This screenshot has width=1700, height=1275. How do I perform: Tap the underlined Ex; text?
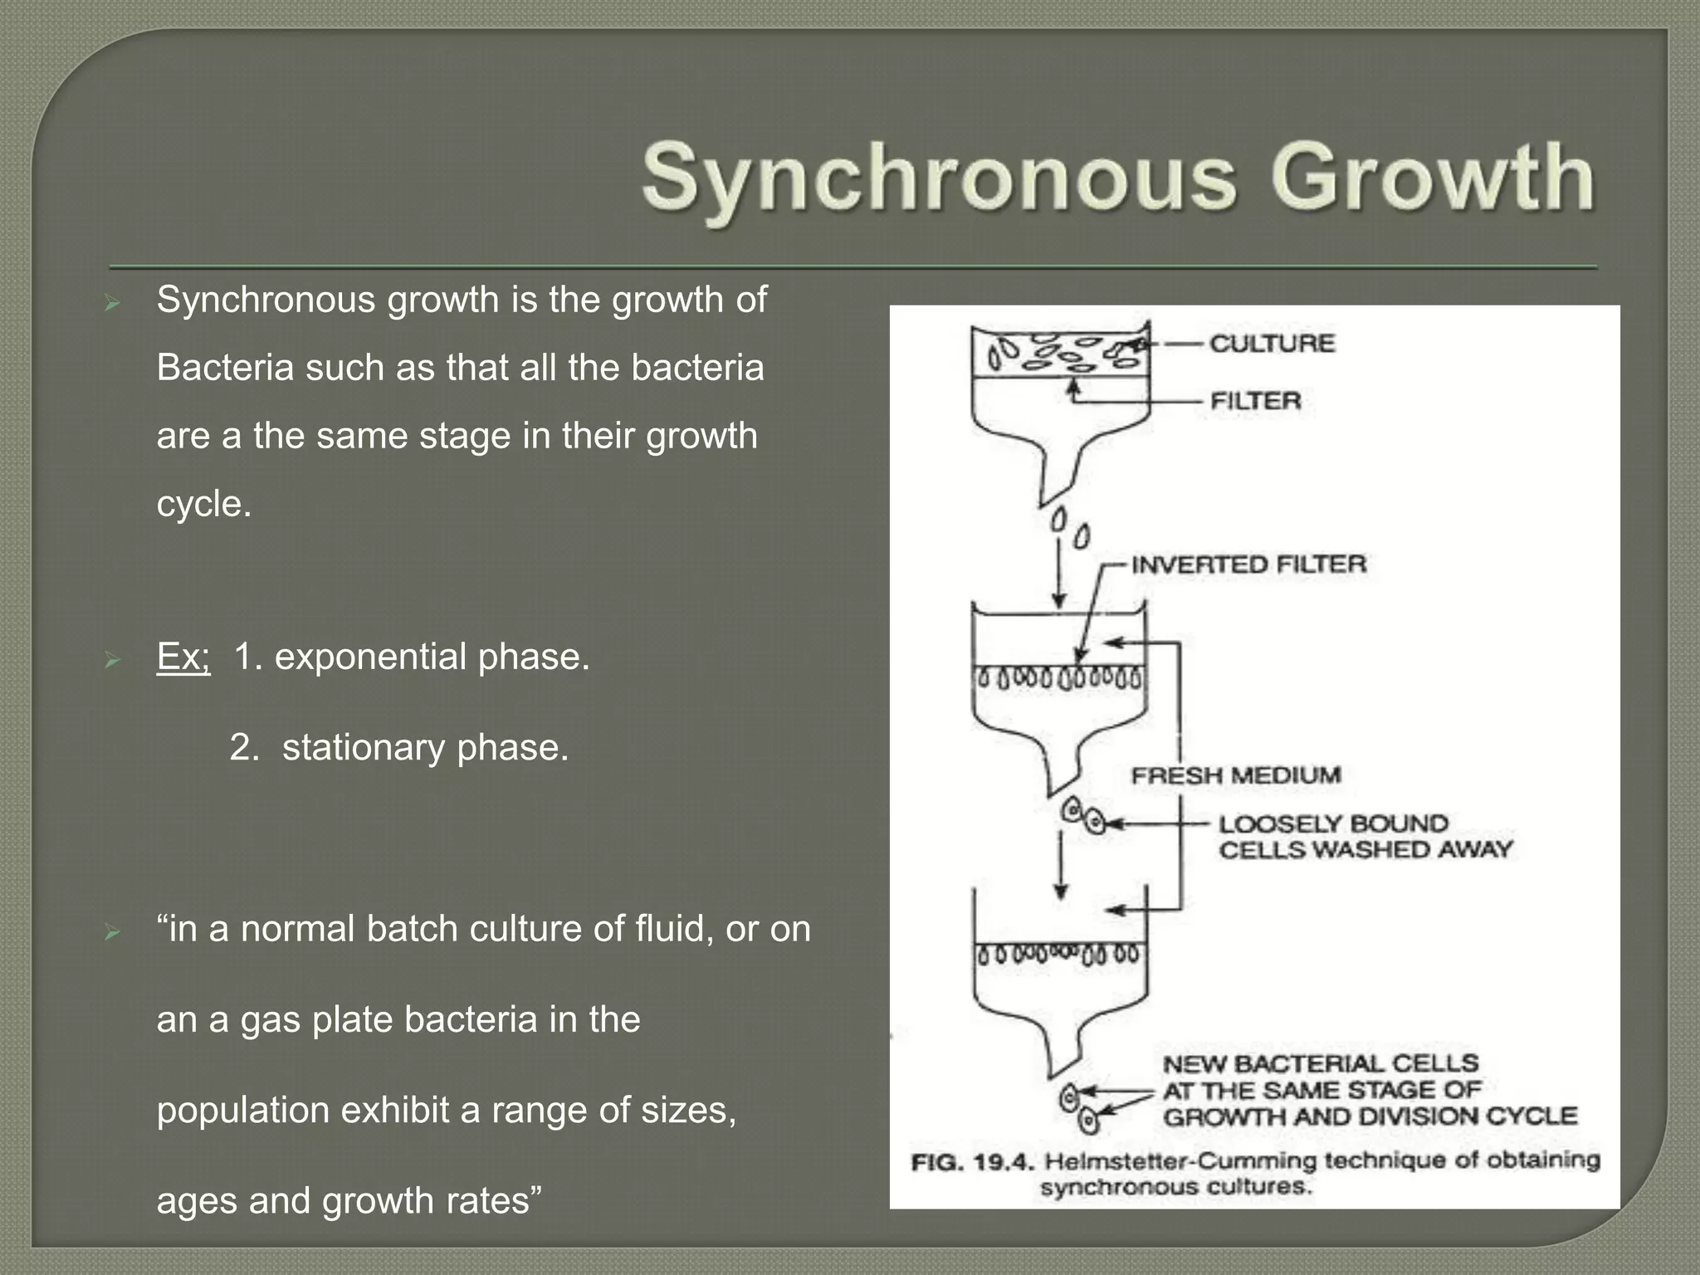[183, 657]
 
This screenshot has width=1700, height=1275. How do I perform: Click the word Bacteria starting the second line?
[224, 368]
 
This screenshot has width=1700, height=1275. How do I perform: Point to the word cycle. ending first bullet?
[203, 504]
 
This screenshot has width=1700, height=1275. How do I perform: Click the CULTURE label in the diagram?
[1272, 343]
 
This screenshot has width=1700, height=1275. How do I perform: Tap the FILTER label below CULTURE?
[1255, 401]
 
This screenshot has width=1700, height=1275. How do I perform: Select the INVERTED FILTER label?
[1248, 564]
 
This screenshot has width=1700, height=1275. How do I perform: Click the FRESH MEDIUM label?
[1236, 775]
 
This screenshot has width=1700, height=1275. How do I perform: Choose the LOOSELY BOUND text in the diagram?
[1333, 823]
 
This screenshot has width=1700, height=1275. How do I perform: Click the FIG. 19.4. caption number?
[972, 1161]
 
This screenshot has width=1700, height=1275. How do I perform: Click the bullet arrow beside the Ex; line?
[112, 661]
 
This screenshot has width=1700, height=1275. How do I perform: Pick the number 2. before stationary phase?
[245, 747]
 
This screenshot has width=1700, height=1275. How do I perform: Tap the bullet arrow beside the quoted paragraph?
[112, 933]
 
